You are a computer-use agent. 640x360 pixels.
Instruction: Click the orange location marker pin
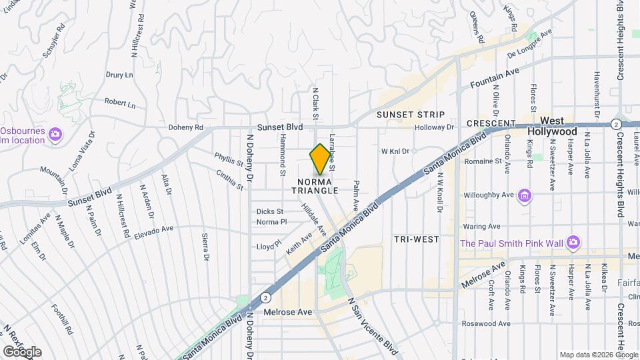click(320, 159)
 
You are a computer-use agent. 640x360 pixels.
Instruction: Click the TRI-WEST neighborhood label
click(416, 239)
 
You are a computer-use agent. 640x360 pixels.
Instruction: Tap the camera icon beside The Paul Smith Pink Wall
click(573, 243)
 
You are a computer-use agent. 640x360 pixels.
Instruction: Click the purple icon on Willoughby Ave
click(525, 196)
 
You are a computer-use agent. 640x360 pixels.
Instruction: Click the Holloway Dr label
click(434, 127)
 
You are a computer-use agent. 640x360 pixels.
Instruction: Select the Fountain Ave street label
click(494, 81)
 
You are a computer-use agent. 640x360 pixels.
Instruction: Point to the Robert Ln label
click(120, 104)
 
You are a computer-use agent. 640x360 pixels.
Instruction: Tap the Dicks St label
click(270, 211)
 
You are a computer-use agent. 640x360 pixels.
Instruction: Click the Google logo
click(21, 351)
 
